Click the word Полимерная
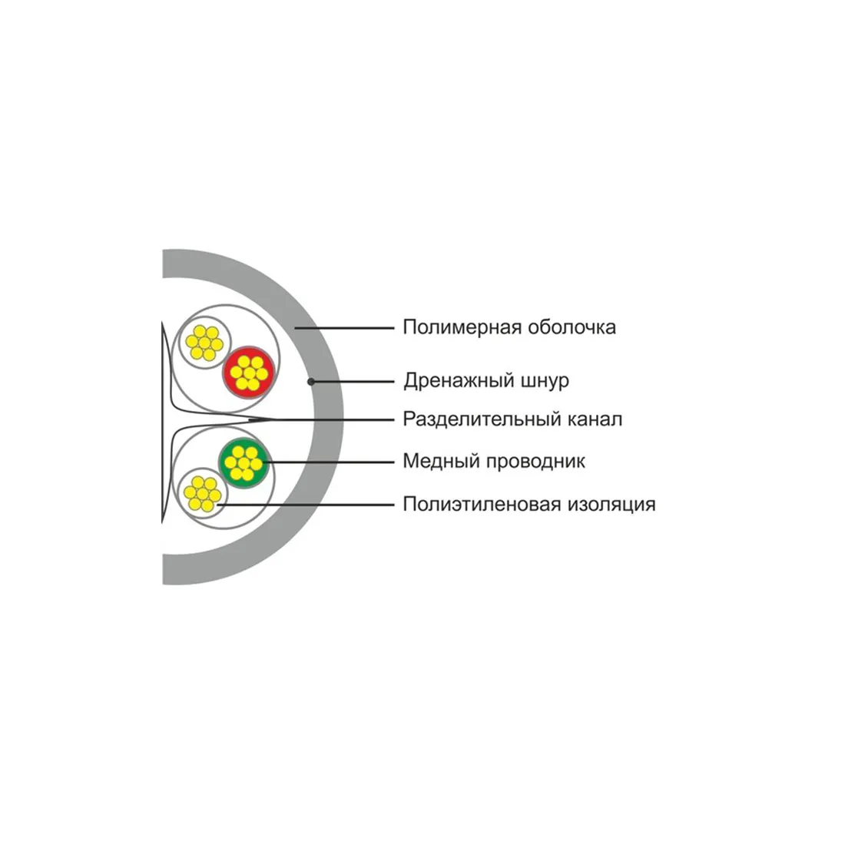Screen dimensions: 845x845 [x=462, y=328]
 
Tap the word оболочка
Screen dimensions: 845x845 [x=572, y=327]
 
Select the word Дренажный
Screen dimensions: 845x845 [x=459, y=381]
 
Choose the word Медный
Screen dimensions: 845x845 [x=442, y=462]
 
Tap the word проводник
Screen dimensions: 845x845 [x=535, y=462]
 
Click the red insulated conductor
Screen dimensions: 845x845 [x=248, y=373]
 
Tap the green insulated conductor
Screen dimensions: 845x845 [x=244, y=463]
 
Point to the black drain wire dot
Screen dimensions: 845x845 [x=311, y=382]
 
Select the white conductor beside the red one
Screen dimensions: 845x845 [x=204, y=343]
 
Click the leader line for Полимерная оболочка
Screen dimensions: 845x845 [x=345, y=328]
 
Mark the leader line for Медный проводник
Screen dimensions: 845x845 [x=330, y=462]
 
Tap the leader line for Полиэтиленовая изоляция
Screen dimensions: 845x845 [x=306, y=505]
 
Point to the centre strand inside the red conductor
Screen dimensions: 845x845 [x=248, y=373]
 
